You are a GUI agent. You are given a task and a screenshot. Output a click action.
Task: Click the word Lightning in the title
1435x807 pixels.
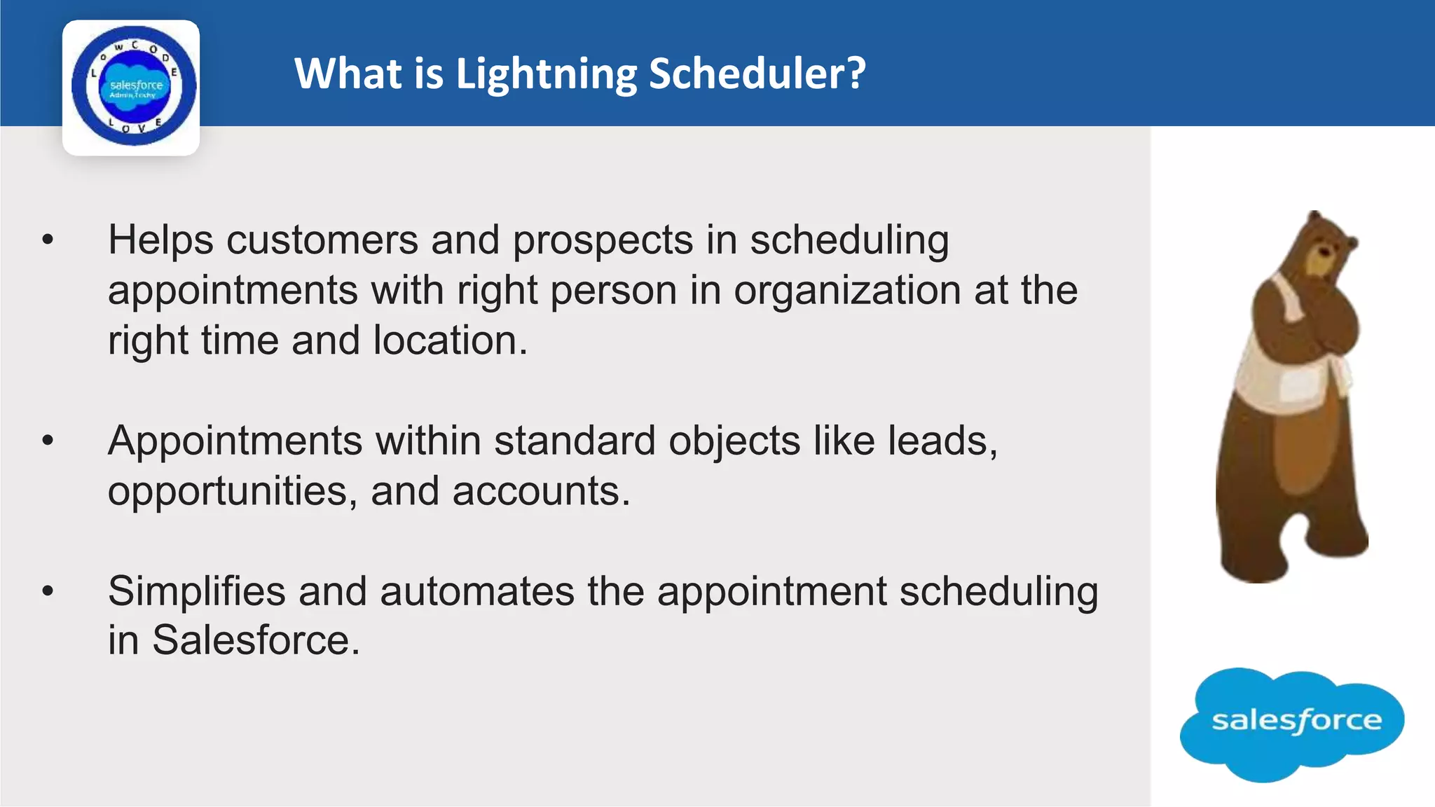tap(546, 74)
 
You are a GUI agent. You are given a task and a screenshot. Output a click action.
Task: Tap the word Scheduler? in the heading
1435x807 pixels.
tap(757, 73)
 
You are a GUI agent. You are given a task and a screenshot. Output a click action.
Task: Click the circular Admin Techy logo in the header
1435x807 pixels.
tap(133, 87)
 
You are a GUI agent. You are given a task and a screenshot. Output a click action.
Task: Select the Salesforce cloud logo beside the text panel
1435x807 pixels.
tap(1292, 723)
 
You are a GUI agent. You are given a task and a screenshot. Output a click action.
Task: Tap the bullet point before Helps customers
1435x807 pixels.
tap(48, 240)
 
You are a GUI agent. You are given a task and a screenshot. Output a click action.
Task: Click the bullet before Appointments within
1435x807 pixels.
tap(48, 441)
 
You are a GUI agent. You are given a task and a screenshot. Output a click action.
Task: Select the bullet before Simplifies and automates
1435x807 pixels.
tap(48, 591)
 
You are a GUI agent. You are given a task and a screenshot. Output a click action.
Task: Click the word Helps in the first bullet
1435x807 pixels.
tap(160, 240)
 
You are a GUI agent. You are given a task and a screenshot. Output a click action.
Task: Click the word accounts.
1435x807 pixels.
tap(541, 491)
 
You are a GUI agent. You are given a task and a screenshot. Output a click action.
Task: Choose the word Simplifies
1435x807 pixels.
tap(197, 591)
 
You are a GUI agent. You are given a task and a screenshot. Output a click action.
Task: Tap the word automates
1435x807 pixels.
tap(476, 591)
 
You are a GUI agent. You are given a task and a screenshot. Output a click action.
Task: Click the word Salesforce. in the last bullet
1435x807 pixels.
tap(256, 640)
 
